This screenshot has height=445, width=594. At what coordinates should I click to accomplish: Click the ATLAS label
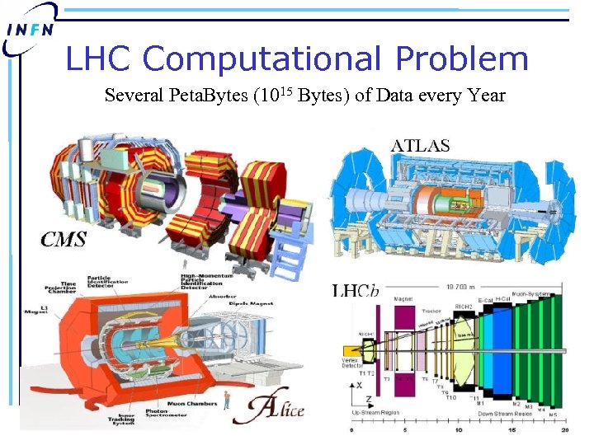point(420,145)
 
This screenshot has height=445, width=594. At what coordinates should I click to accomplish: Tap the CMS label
point(65,240)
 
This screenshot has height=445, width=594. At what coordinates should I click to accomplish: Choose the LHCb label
point(356,290)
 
